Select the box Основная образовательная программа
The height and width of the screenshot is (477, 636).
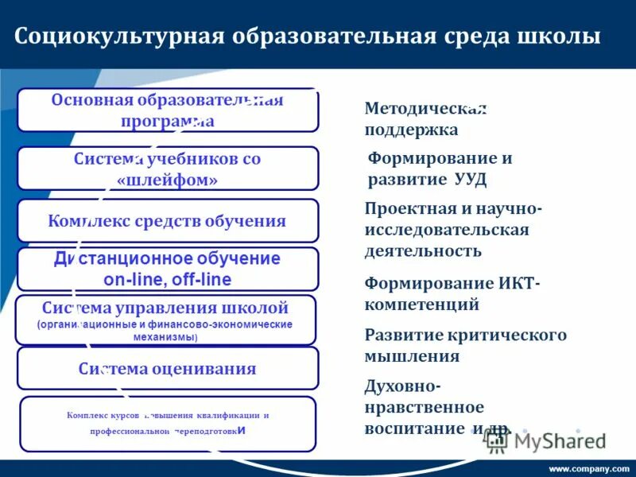coord(168,111)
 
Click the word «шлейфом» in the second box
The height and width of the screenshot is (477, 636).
coord(168,180)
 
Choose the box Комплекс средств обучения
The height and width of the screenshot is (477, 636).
coord(168,221)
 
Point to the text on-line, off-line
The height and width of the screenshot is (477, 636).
coord(168,279)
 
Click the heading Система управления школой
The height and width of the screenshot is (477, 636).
coord(165,308)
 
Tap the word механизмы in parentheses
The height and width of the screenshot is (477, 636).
coord(165,337)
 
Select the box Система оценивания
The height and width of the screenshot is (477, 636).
coord(168,369)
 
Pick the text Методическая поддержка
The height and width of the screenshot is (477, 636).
coord(425,118)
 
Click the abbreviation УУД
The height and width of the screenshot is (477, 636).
coord(469,179)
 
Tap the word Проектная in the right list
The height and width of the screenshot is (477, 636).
coord(404,209)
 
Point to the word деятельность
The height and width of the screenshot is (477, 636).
coord(423,251)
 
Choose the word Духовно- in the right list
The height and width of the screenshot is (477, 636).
coord(401,386)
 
